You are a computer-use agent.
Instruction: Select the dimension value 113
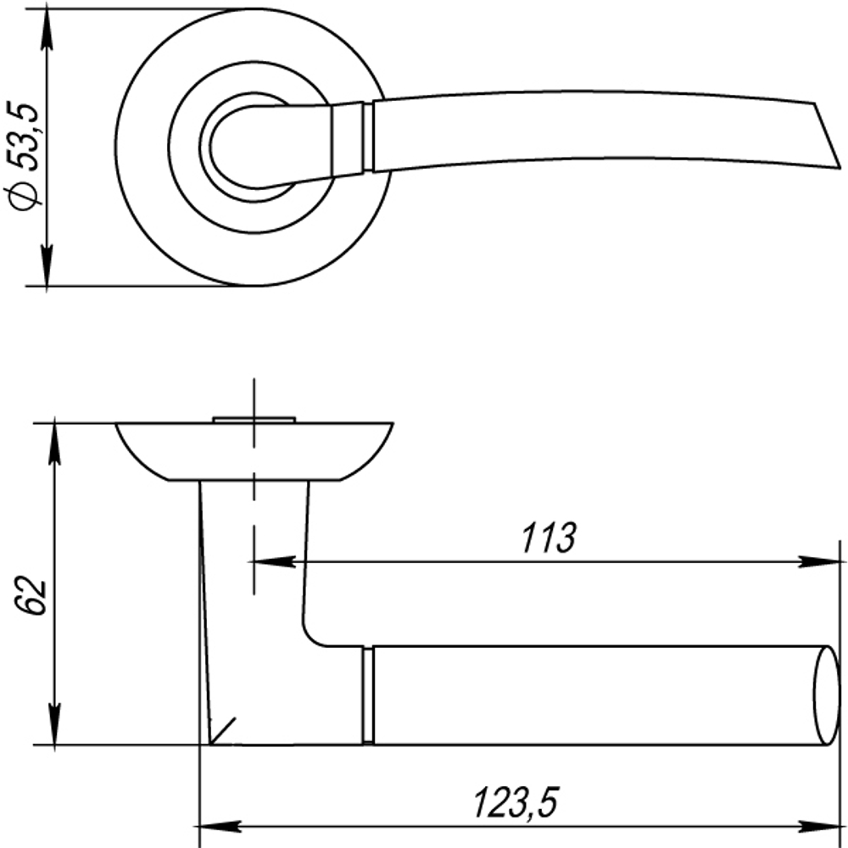click(x=547, y=538)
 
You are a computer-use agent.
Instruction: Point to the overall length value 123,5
click(x=516, y=801)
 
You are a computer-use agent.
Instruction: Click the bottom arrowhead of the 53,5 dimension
click(x=47, y=268)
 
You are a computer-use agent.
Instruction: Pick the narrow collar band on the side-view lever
click(x=368, y=695)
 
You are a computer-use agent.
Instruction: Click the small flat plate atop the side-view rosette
click(x=254, y=418)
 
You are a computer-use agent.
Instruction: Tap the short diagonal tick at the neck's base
click(x=224, y=729)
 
